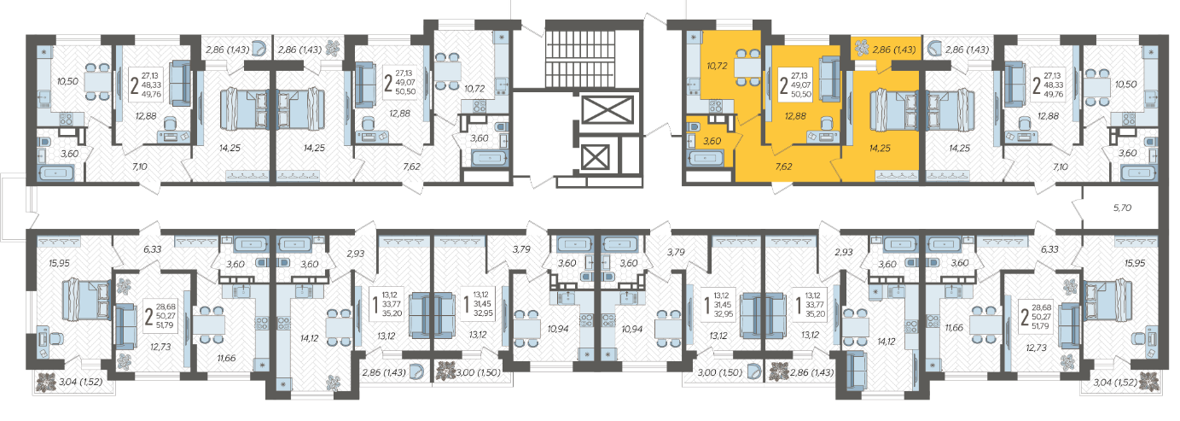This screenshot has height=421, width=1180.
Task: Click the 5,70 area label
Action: pos(1122,208)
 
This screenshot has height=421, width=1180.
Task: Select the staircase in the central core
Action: pos(579,59)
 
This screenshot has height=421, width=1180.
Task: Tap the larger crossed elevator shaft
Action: pos(607,110)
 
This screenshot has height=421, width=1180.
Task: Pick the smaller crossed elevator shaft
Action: pos(595,157)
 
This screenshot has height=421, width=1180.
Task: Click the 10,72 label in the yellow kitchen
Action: pos(717,66)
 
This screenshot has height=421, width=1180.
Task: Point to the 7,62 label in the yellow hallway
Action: pos(783,167)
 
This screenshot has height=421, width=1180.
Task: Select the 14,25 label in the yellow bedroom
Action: pos(880,149)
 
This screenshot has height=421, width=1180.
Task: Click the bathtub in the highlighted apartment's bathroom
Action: pos(703,158)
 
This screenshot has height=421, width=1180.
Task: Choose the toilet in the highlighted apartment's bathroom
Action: pos(694,126)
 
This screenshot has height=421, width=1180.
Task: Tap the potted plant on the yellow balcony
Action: pos(861,48)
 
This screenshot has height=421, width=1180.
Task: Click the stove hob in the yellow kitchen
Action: pos(715,107)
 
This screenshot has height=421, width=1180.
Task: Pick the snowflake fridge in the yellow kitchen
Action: pos(694,38)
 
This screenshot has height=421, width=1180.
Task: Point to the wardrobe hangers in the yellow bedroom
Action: pos(897,176)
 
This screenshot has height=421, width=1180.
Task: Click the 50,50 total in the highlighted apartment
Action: pos(800,94)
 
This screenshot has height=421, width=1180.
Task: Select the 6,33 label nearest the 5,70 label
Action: pos(1049,249)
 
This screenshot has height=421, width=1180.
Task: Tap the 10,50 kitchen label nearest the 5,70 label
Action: pos(1125,85)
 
